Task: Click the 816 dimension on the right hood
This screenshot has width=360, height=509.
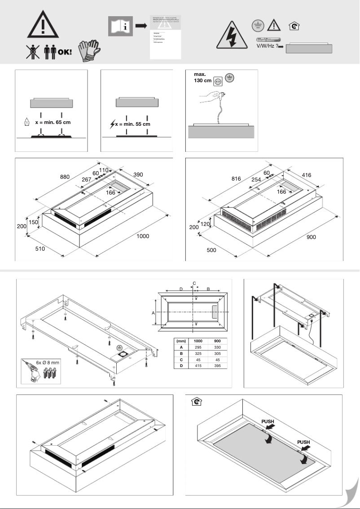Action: pyautogui.click(x=236, y=178)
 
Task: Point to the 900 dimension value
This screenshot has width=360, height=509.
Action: pyautogui.click(x=311, y=237)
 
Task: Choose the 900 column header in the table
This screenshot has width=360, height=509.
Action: pyautogui.click(x=218, y=341)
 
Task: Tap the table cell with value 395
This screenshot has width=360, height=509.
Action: pyautogui.click(x=218, y=366)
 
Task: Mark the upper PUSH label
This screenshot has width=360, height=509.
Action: pyautogui.click(x=271, y=422)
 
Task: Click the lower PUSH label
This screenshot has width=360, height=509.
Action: pyautogui.click(x=304, y=442)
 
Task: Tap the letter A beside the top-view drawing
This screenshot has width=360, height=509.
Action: pyautogui.click(x=153, y=312)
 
